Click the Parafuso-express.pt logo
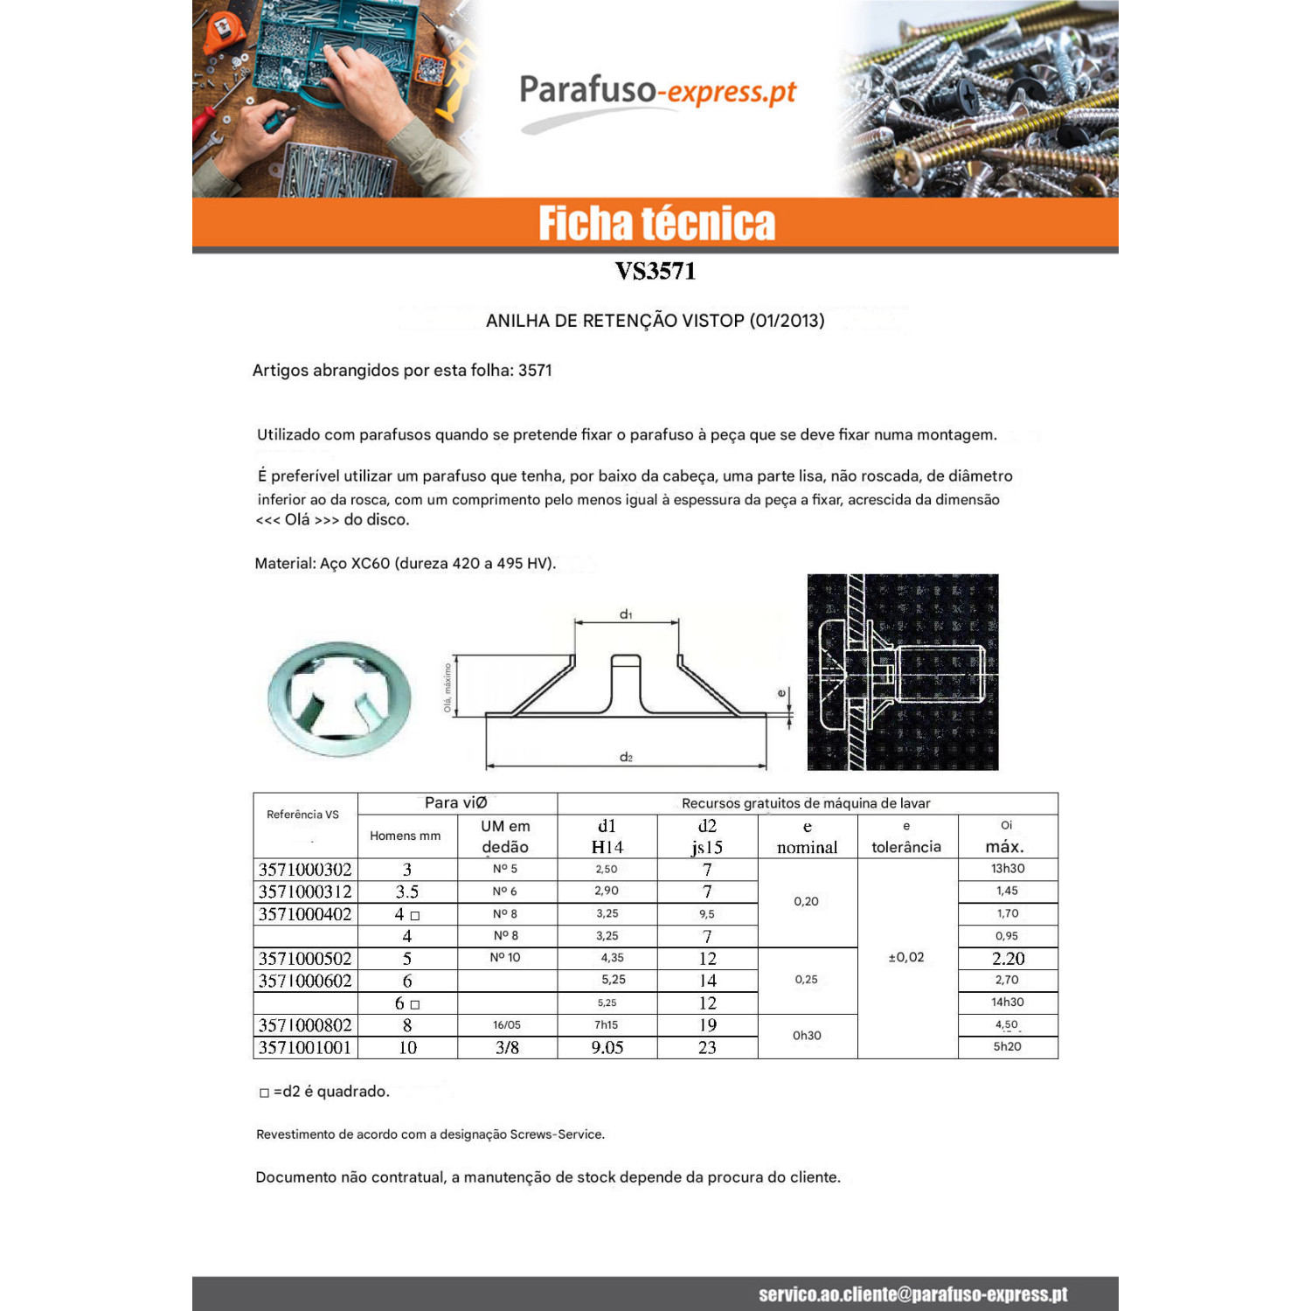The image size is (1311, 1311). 657,101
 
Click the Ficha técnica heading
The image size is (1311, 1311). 656,224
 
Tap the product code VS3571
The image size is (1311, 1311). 655,271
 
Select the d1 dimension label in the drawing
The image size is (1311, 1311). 626,614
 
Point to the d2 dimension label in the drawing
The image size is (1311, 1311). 626,757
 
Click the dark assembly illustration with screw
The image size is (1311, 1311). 902,672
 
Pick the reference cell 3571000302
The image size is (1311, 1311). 305,870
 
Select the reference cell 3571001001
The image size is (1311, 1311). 305,1047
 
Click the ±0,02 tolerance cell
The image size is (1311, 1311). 906,957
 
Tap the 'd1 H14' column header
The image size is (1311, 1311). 607,836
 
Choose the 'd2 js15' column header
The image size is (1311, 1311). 707,836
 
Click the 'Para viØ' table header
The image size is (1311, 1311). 456,802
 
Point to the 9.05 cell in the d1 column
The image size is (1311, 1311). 607,1047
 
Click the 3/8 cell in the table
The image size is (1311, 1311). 507,1047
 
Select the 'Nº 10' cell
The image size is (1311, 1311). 505,957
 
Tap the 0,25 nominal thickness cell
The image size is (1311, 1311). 807,980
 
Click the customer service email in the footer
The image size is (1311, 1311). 913,1294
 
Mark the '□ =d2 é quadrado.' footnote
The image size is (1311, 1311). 324,1092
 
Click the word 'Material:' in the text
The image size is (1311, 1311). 285,564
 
